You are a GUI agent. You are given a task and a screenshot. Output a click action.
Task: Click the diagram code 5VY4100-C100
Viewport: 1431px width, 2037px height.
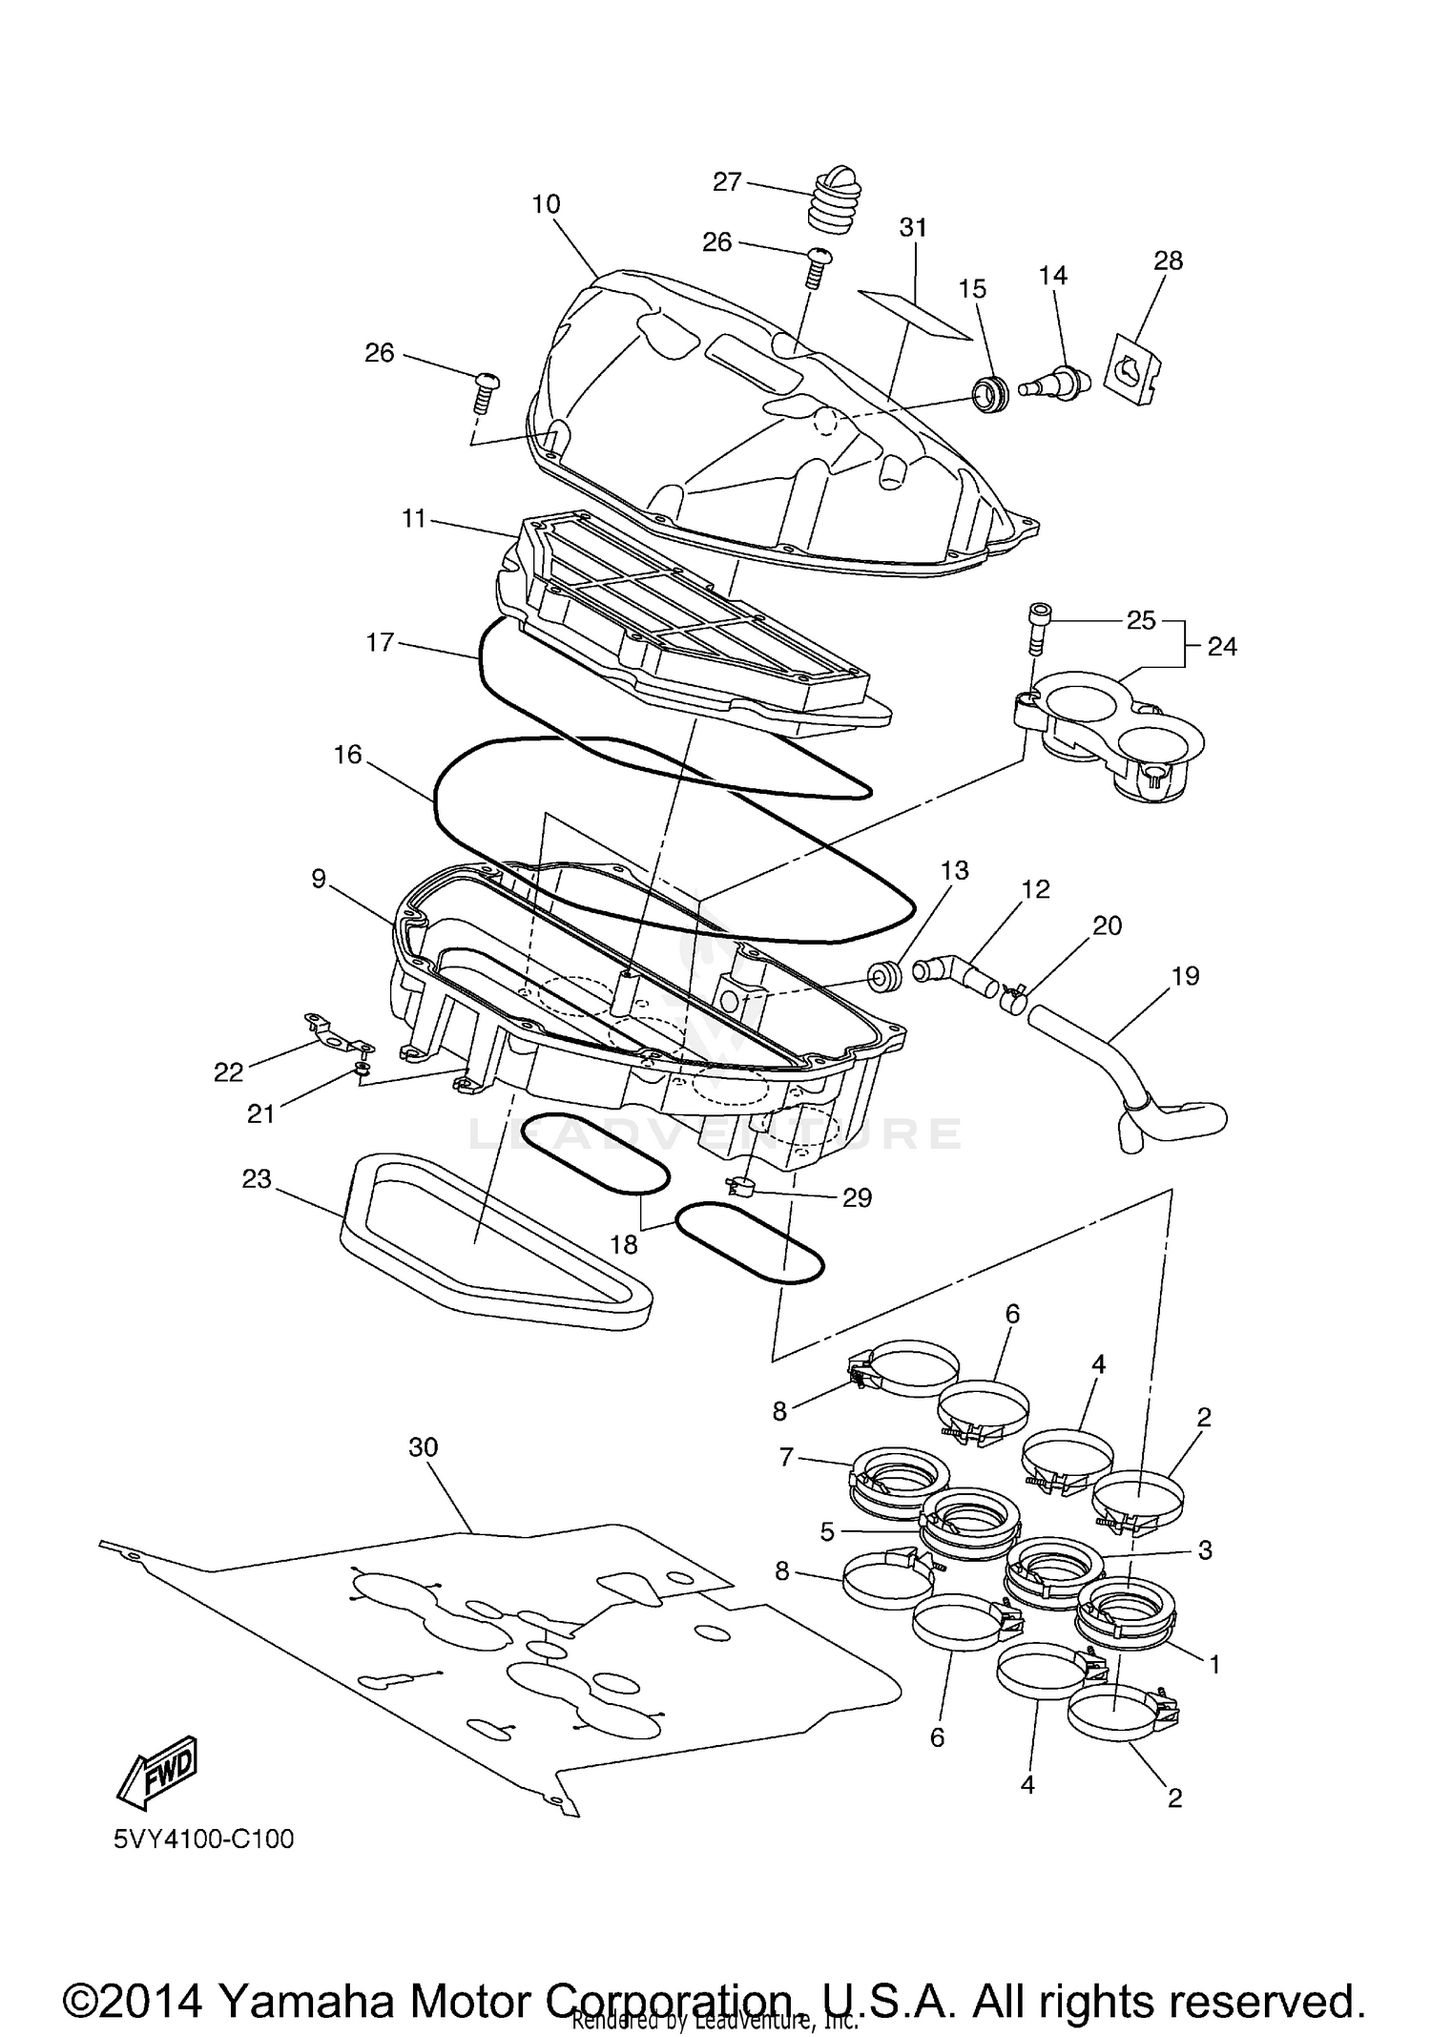(203, 1839)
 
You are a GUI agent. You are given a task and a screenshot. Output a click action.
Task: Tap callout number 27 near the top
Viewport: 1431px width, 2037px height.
(727, 181)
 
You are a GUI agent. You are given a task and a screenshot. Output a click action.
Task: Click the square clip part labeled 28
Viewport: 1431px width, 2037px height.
(1134, 368)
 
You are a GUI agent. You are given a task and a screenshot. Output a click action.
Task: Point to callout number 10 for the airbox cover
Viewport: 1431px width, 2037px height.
(547, 204)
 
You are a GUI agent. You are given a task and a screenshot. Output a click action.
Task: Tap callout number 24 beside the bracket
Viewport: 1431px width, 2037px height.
(1222, 647)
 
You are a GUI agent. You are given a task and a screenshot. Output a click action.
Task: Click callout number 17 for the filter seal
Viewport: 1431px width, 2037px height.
(380, 642)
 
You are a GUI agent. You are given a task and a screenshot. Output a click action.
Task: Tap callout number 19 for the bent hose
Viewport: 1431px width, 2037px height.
(1186, 976)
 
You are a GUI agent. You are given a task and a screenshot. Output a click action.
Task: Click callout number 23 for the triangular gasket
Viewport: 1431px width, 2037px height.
(257, 1180)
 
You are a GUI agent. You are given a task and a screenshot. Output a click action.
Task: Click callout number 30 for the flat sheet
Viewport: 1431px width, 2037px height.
(423, 1447)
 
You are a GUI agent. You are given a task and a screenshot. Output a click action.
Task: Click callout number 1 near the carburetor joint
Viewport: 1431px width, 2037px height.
(1214, 1665)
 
